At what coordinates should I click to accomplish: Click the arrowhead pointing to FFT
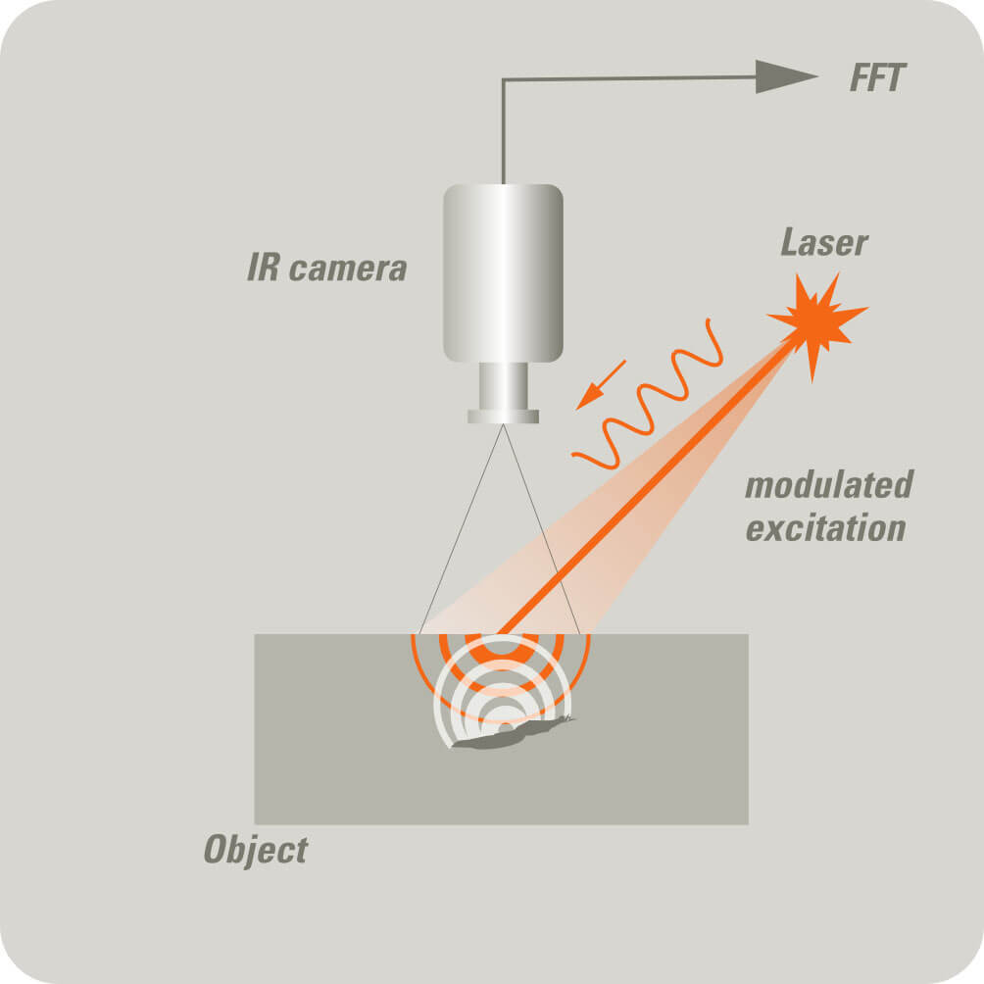click(x=785, y=76)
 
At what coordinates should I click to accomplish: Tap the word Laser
click(x=823, y=241)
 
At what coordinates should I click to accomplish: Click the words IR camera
click(x=326, y=268)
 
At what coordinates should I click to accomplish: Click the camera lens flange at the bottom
click(x=503, y=417)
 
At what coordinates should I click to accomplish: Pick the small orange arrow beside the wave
click(x=601, y=383)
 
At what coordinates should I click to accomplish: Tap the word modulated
click(x=828, y=485)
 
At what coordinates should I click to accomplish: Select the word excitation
click(x=824, y=528)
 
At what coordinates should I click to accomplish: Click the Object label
click(x=255, y=849)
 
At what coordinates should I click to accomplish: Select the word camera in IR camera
click(x=348, y=268)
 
